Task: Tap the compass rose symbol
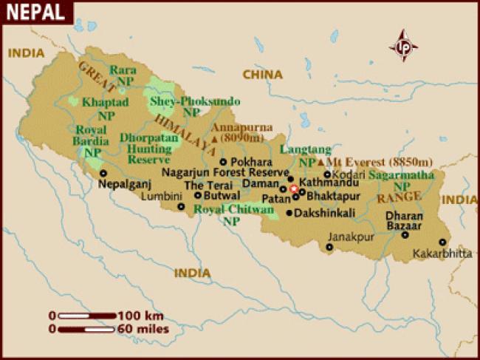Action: (x=404, y=46)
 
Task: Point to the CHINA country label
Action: (x=263, y=74)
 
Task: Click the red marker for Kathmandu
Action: (x=294, y=190)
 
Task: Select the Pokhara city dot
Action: (x=224, y=162)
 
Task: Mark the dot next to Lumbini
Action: (x=182, y=206)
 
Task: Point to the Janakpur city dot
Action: (x=329, y=247)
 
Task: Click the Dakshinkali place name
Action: (x=326, y=213)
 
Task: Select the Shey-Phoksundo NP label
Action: (x=185, y=106)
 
